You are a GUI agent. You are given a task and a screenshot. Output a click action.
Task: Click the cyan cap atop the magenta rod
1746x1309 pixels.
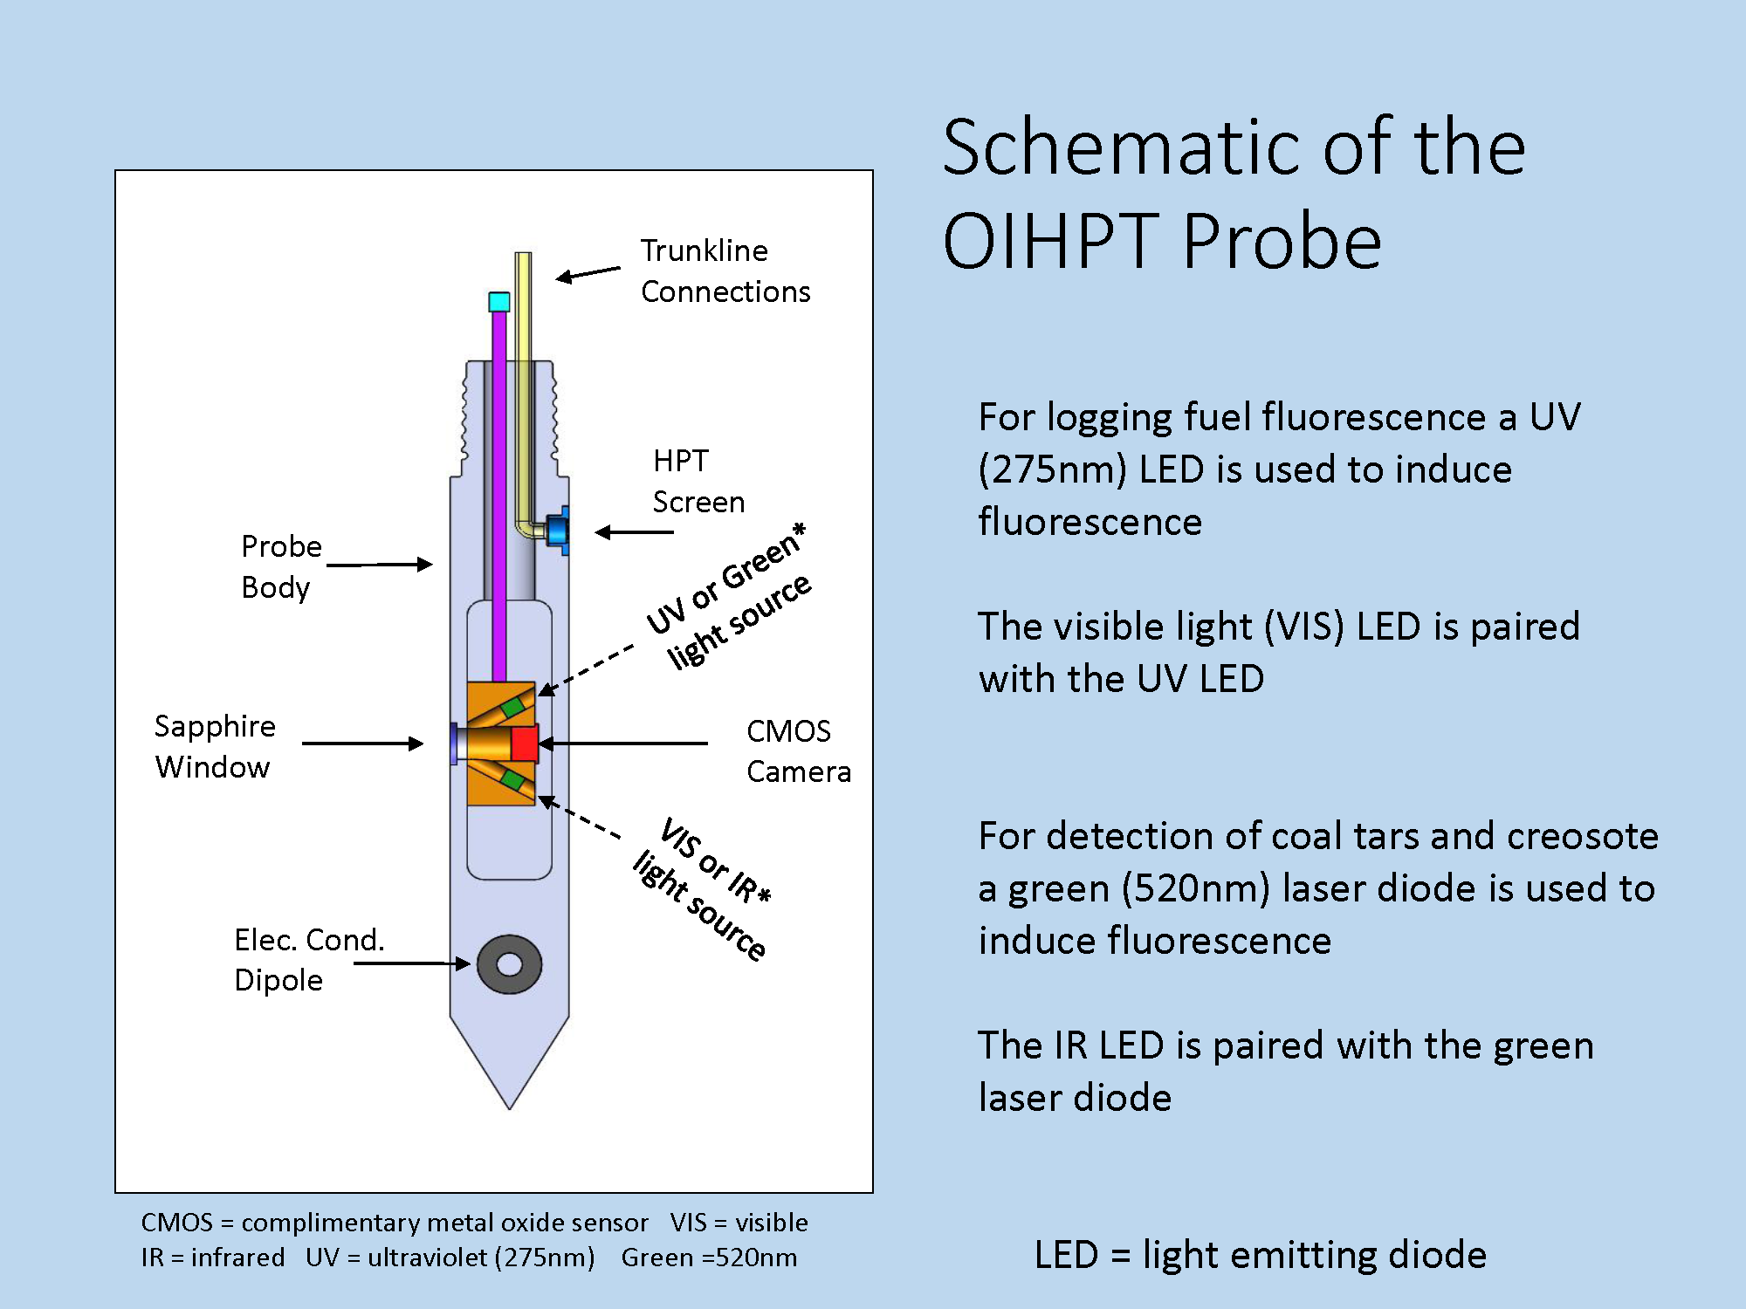click(499, 302)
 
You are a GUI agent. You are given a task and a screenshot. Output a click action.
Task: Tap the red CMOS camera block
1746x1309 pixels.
click(525, 743)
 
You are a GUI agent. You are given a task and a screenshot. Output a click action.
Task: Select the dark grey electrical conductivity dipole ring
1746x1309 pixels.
click(510, 964)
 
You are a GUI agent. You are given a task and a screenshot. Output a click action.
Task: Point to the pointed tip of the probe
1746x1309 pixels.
click(510, 1108)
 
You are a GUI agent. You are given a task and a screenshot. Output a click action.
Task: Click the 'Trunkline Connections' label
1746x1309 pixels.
click(725, 271)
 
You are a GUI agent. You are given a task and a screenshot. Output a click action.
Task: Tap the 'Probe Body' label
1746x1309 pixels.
click(281, 566)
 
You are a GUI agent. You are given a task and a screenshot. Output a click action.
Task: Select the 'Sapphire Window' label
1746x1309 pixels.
click(215, 746)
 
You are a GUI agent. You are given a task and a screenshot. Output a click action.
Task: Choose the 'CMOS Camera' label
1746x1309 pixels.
click(798, 751)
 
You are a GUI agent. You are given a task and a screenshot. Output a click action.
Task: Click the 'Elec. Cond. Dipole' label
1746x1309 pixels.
click(309, 959)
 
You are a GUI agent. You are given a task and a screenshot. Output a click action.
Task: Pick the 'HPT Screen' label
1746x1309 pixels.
click(698, 481)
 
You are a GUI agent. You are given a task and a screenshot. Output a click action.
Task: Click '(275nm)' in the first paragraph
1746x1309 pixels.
click(1053, 470)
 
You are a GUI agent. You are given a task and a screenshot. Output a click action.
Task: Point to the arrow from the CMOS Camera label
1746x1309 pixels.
click(623, 744)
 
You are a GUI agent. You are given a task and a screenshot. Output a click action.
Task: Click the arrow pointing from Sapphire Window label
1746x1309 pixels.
click(362, 744)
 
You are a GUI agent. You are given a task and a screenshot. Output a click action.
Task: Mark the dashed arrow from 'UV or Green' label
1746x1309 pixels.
click(586, 670)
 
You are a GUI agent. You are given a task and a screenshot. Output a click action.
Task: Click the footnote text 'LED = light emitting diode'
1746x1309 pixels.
click(1260, 1255)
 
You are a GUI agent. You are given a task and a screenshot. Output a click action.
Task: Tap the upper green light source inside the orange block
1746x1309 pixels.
click(513, 706)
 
